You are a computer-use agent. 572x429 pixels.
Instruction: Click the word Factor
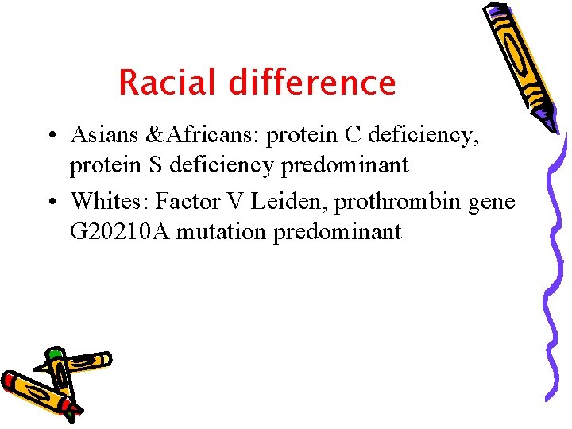pyautogui.click(x=184, y=203)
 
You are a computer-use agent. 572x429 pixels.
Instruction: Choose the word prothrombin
pyautogui.click(x=395, y=203)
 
